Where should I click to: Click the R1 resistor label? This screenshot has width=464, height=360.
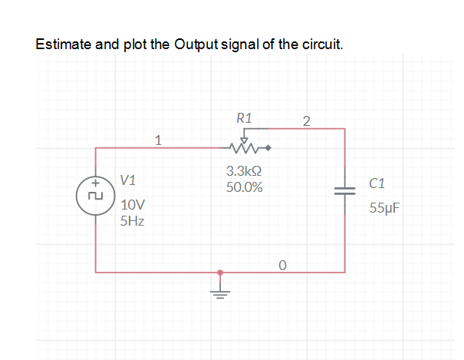(245, 118)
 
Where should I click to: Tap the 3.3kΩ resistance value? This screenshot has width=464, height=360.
(245, 172)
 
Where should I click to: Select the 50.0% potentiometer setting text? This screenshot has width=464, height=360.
(245, 187)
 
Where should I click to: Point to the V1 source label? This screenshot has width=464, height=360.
(128, 181)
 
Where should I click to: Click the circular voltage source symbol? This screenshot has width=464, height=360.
(96, 195)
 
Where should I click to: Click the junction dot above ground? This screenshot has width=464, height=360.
(221, 272)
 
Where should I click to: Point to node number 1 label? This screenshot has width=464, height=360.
(158, 140)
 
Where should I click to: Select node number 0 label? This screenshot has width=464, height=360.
(283, 265)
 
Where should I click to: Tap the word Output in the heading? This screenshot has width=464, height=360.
(196, 44)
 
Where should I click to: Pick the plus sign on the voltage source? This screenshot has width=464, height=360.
(96, 184)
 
